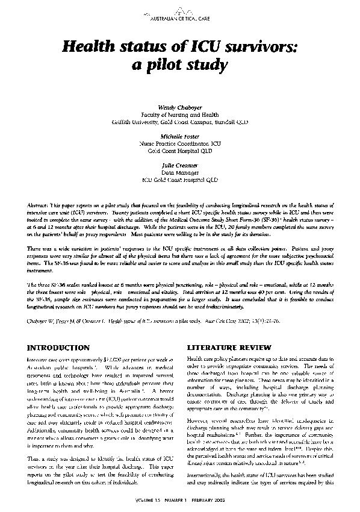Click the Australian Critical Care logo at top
click(x=180, y=12)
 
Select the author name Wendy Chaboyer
click(x=180, y=106)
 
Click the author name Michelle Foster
click(x=180, y=136)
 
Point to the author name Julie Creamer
click(x=180, y=165)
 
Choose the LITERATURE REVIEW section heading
click(x=225, y=348)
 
